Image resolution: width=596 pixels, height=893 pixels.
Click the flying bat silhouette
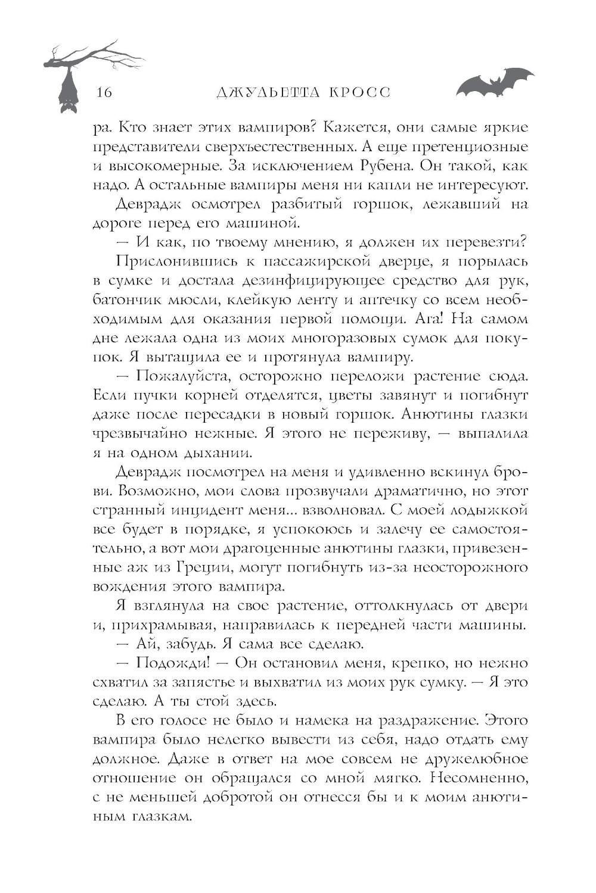pyautogui.click(x=494, y=84)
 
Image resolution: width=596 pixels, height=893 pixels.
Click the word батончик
pyautogui.click(x=128, y=299)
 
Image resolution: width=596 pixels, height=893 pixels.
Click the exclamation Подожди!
pyautogui.click(x=172, y=663)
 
